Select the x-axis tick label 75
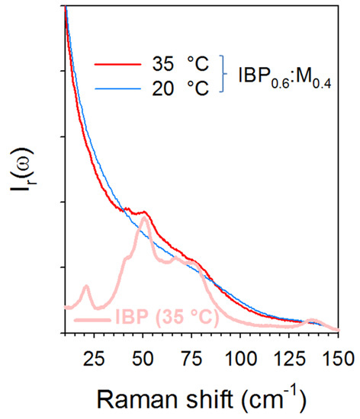tap(191, 357)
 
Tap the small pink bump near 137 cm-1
tap(311, 321)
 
